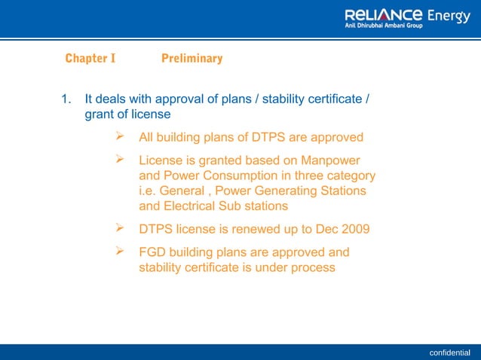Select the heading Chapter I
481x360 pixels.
click(x=90, y=58)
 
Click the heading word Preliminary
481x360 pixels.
click(x=192, y=58)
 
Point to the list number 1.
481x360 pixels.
click(x=66, y=99)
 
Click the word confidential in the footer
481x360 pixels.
click(x=449, y=352)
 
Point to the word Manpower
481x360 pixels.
click(x=330, y=160)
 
